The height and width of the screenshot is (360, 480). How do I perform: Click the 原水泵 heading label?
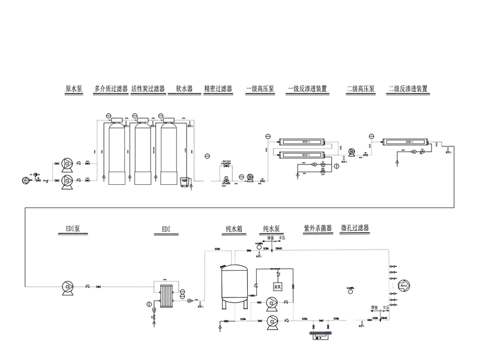[x=73, y=89]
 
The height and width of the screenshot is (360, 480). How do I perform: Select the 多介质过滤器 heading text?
[x=111, y=89]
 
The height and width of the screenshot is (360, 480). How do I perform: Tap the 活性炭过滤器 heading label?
[x=148, y=89]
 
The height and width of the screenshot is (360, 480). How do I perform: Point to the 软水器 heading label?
[x=184, y=89]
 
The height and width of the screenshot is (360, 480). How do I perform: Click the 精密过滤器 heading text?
[x=218, y=89]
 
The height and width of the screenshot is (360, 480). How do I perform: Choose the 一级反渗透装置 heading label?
[x=307, y=89]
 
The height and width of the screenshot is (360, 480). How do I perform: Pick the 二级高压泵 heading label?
[x=361, y=89]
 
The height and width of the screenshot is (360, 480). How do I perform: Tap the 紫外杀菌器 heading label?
[x=318, y=229]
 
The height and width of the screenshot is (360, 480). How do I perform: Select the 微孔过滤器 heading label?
[x=355, y=229]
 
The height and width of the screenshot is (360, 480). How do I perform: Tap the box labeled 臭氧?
[x=278, y=287]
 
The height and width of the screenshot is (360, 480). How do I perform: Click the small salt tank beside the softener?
[x=185, y=181]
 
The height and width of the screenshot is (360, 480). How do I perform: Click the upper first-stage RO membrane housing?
[x=304, y=142]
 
